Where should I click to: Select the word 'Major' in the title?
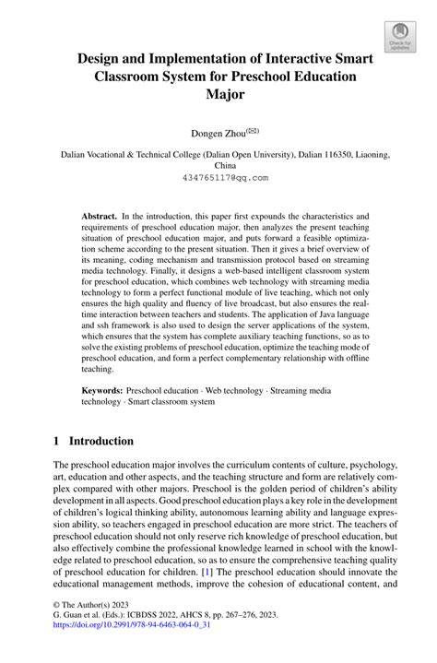pyautogui.click(x=218, y=94)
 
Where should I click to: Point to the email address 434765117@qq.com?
pyautogui.click(x=218, y=177)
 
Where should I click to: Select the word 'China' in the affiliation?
pyautogui.click(x=218, y=167)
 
